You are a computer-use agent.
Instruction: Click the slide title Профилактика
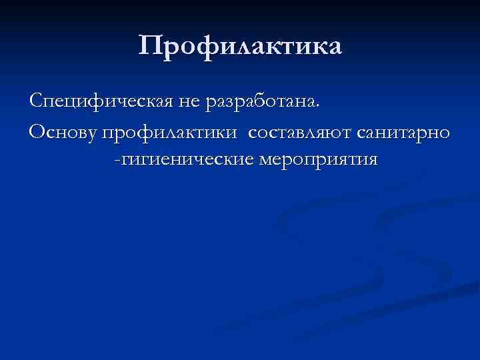[240, 46]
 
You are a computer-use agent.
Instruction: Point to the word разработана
[262, 102]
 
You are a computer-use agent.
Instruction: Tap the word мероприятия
[313, 161]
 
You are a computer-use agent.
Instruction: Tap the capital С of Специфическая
[35, 101]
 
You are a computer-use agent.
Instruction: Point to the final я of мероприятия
[372, 161]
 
